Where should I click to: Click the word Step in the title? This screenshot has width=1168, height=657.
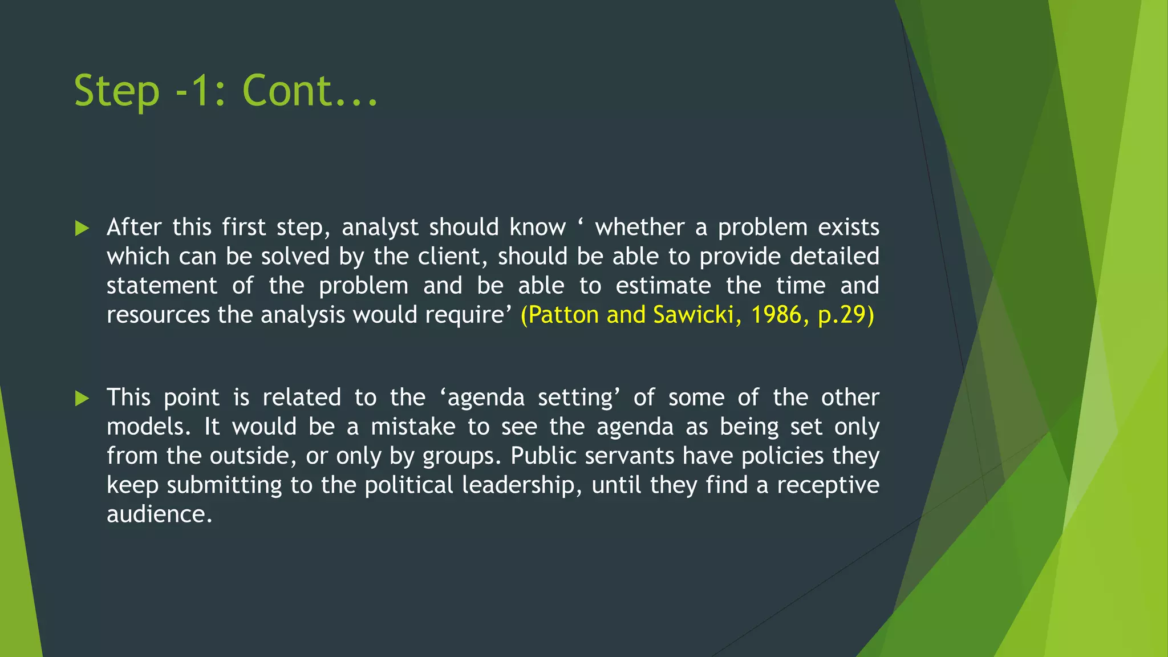[117, 91]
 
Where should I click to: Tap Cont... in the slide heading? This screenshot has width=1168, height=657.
[310, 91]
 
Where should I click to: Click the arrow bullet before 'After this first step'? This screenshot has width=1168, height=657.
[83, 229]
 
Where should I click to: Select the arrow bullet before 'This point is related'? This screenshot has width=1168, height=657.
[83, 399]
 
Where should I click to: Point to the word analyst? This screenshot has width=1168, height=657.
[380, 228]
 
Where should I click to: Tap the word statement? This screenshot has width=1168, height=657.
[162, 286]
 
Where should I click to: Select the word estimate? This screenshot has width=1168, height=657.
[663, 286]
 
